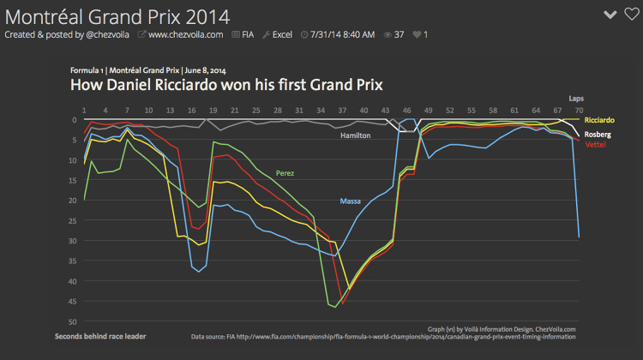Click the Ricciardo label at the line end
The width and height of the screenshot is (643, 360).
tap(600, 121)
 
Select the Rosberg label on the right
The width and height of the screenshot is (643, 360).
tap(598, 135)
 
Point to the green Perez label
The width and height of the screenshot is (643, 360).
tap(285, 173)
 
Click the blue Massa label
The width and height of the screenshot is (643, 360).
tap(350, 201)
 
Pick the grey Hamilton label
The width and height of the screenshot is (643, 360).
tap(355, 136)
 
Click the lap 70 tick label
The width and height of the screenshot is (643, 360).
tap(579, 111)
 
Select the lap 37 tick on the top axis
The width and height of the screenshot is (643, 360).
tap(342, 111)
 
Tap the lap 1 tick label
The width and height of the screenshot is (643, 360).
tap(84, 111)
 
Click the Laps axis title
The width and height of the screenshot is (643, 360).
tap(576, 99)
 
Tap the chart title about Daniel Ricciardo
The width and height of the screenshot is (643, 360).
tap(225, 85)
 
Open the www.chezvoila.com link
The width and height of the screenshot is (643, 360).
tap(185, 34)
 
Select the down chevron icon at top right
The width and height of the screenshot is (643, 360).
tap(610, 14)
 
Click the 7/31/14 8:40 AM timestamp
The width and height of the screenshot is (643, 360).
tap(344, 34)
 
